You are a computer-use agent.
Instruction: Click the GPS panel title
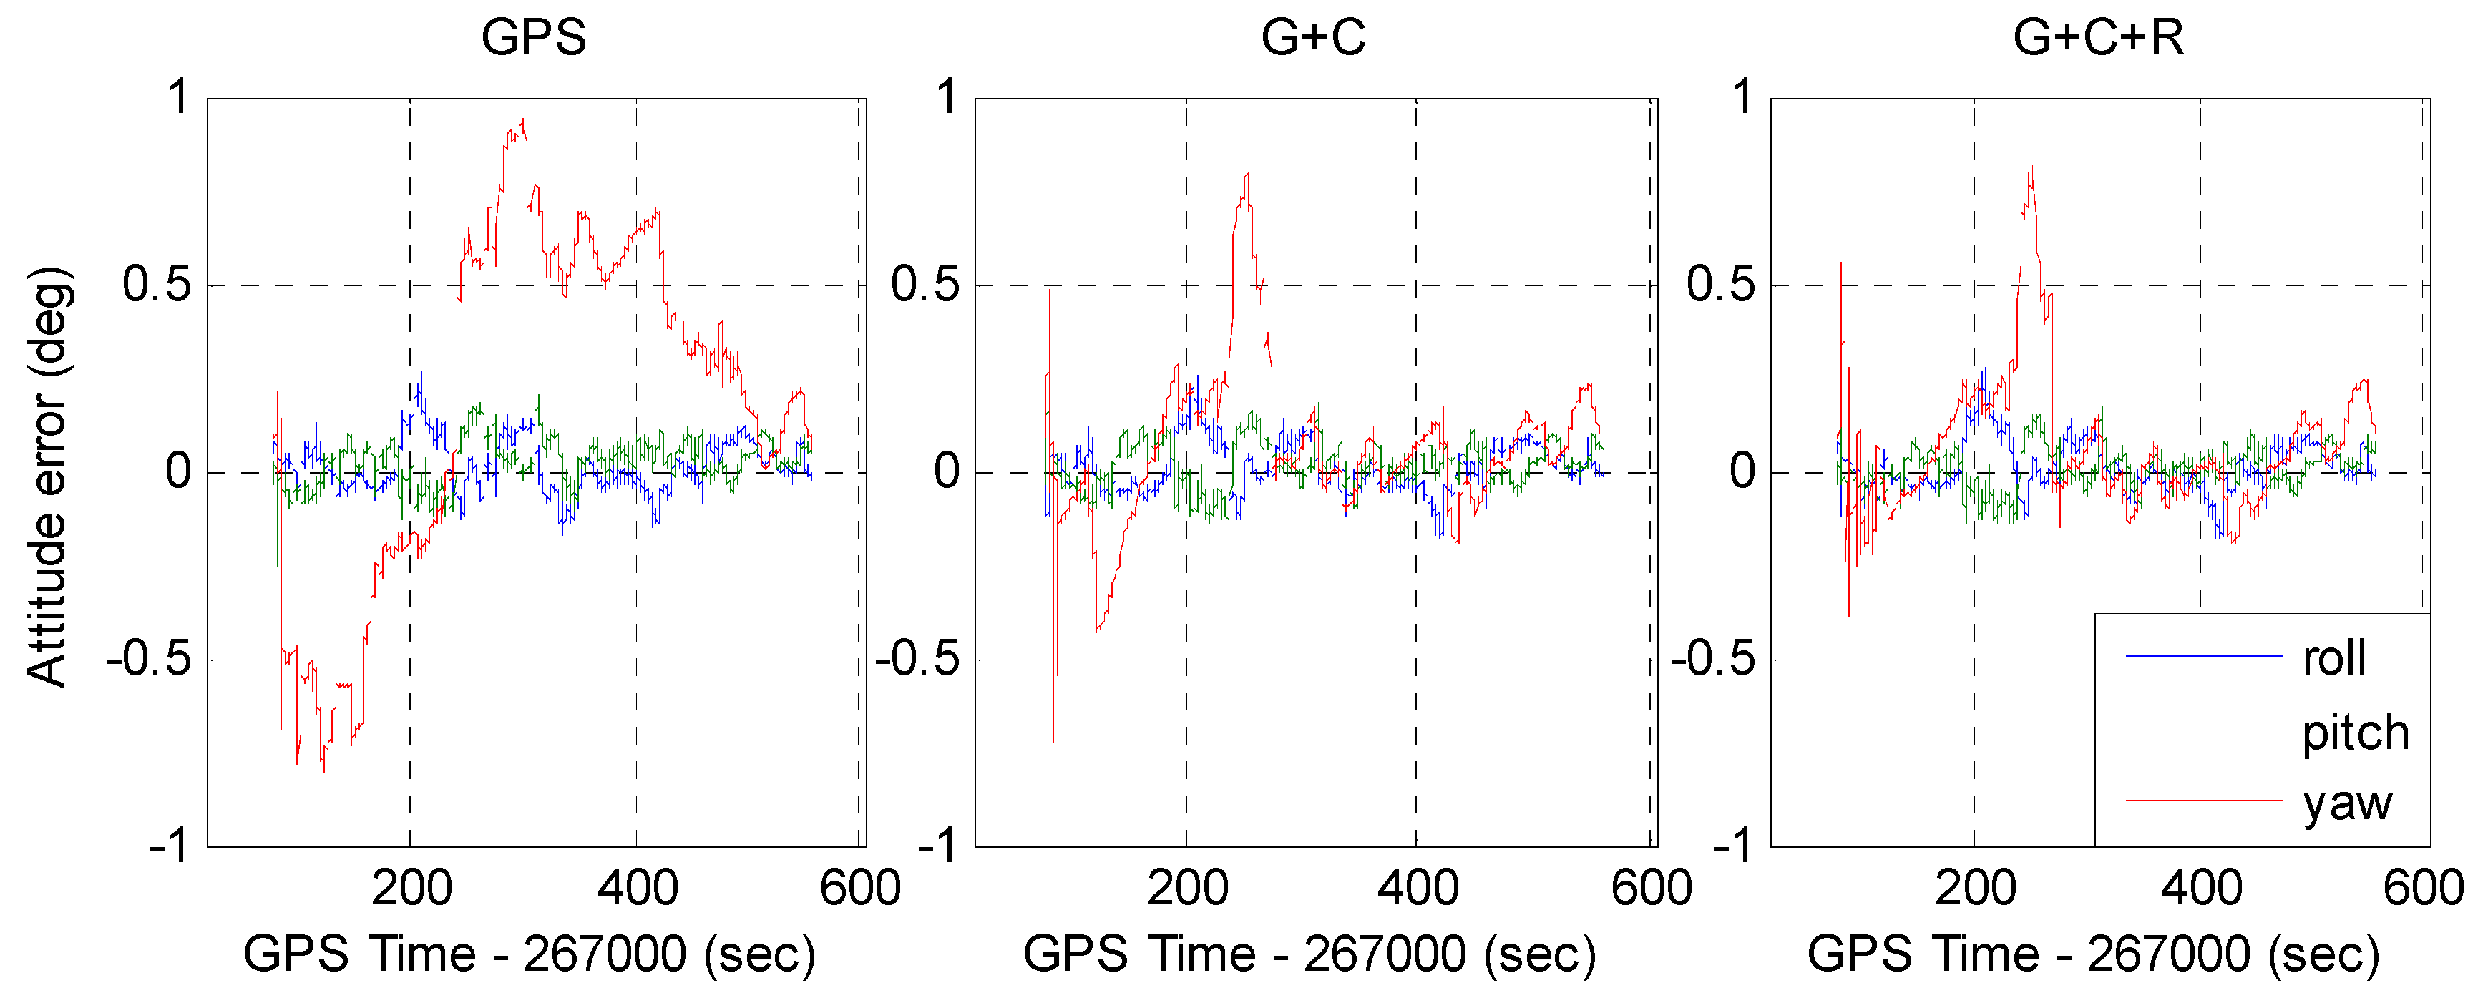click(x=533, y=39)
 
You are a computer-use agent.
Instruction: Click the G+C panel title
click(x=1313, y=39)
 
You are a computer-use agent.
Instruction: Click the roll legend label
click(x=2333, y=658)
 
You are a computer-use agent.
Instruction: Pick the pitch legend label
click(x=2355, y=733)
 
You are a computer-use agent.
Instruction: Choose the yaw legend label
click(x=2347, y=803)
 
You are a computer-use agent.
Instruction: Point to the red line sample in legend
click(x=2202, y=800)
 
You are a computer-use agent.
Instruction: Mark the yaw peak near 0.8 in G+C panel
click(x=1247, y=175)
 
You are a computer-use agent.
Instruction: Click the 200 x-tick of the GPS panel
click(x=411, y=888)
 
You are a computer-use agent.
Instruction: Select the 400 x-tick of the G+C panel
click(x=1417, y=888)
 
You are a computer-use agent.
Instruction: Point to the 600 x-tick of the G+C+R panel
click(x=2422, y=888)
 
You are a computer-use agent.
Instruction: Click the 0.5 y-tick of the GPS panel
click(x=157, y=285)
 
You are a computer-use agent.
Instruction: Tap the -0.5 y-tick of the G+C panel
click(x=917, y=660)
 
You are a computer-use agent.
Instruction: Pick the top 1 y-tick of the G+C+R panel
click(x=1742, y=97)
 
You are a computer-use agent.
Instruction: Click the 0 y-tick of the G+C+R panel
click(x=1742, y=472)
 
